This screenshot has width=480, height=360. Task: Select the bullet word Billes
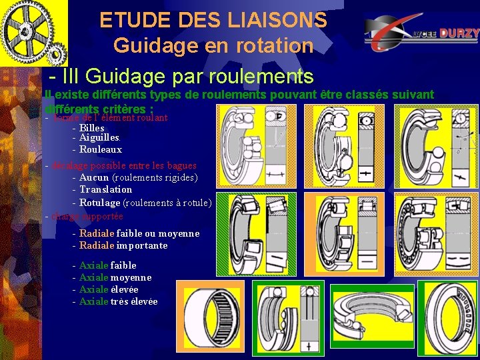tap(91, 127)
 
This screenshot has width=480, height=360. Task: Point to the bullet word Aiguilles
tap(99, 138)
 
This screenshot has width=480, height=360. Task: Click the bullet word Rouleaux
tap(101, 149)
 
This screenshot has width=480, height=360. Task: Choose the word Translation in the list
tap(106, 189)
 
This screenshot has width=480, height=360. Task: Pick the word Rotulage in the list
tap(100, 203)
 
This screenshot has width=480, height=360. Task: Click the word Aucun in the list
tap(94, 177)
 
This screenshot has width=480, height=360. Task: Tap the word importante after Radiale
tap(142, 245)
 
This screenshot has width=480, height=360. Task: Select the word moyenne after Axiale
tap(131, 277)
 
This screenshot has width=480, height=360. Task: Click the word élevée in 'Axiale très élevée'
tap(144, 301)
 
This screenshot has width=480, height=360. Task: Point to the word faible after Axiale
tap(123, 265)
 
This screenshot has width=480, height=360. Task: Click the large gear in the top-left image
tap(27, 30)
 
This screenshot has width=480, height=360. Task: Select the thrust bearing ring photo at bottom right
tap(451, 318)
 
